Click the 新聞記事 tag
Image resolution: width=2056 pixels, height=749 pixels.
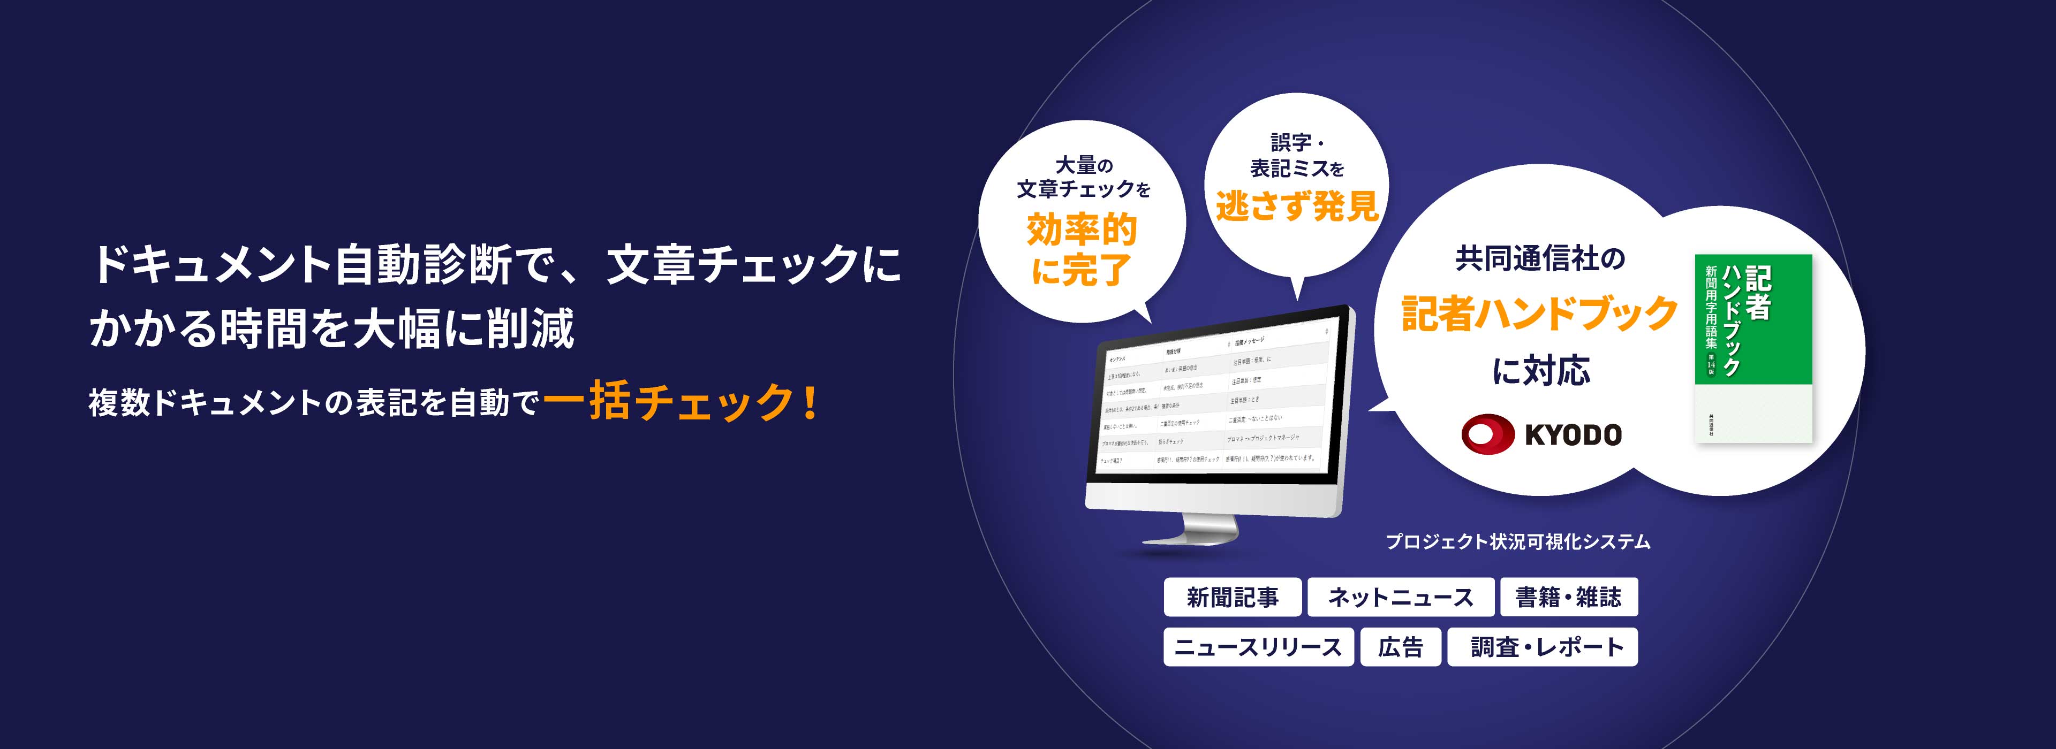(1233, 598)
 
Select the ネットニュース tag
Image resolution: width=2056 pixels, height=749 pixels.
(1400, 598)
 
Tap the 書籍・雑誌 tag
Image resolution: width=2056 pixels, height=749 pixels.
(1568, 598)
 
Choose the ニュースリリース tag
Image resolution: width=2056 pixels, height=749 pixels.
(1258, 647)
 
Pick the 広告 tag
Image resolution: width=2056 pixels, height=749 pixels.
(1401, 647)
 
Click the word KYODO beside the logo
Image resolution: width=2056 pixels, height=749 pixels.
(1573, 435)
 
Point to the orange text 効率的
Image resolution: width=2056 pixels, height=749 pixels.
(1082, 231)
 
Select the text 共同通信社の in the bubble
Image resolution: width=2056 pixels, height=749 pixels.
(1540, 259)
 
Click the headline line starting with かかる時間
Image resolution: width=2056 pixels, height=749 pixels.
(332, 328)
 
